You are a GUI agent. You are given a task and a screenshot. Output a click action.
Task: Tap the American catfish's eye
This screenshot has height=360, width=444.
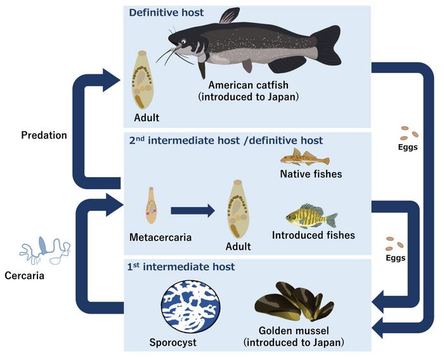(183, 42)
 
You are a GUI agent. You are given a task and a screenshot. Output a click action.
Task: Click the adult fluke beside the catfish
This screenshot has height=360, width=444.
(141, 82)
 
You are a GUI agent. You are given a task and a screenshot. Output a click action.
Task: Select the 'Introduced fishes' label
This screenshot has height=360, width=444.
(313, 235)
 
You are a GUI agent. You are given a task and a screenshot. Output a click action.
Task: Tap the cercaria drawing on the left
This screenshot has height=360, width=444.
(43, 249)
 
